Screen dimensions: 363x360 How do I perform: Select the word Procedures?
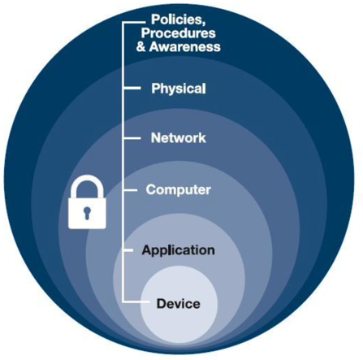click(x=179, y=33)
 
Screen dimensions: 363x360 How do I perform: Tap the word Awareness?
click(x=185, y=46)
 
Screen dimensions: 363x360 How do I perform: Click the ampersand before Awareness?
click(x=141, y=46)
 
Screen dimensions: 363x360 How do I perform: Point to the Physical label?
click(x=179, y=89)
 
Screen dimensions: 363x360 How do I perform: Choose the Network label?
click(x=179, y=137)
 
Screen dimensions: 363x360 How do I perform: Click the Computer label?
click(x=178, y=189)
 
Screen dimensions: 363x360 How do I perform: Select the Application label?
click(x=178, y=250)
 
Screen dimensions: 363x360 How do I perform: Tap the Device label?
click(x=179, y=303)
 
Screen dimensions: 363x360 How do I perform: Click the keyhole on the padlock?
click(x=87, y=212)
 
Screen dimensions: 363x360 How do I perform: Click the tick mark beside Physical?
click(x=132, y=88)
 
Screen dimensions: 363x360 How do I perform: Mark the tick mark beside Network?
click(x=132, y=138)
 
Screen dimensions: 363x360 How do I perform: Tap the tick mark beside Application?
click(x=128, y=250)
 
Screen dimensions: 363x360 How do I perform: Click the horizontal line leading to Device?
click(x=136, y=301)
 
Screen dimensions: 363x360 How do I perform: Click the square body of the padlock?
click(x=87, y=213)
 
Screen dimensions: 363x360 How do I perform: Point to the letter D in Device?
click(x=161, y=303)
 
